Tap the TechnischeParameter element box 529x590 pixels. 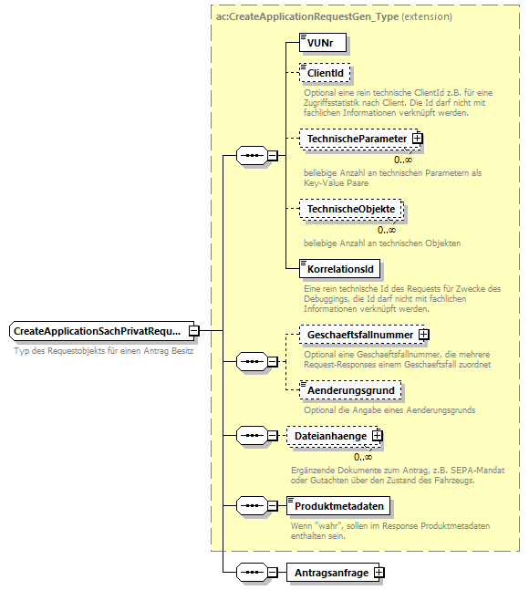click(356, 138)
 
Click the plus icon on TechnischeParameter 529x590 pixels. click(418, 138)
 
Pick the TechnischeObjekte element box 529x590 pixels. click(350, 209)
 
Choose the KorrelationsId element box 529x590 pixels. click(341, 271)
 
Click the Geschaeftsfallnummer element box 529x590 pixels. click(359, 335)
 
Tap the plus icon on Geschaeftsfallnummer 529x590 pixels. click(423, 335)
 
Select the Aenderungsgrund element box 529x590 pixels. click(350, 389)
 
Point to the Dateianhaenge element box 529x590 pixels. click(330, 437)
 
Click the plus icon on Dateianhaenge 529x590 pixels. click(378, 437)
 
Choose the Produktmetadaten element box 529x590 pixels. click(339, 504)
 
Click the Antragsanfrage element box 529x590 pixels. click(330, 573)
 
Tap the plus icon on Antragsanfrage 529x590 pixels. click(379, 573)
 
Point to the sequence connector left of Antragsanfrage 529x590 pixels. click(249, 573)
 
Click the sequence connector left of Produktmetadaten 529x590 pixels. click(249, 504)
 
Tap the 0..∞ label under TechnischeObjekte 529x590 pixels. click(386, 229)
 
